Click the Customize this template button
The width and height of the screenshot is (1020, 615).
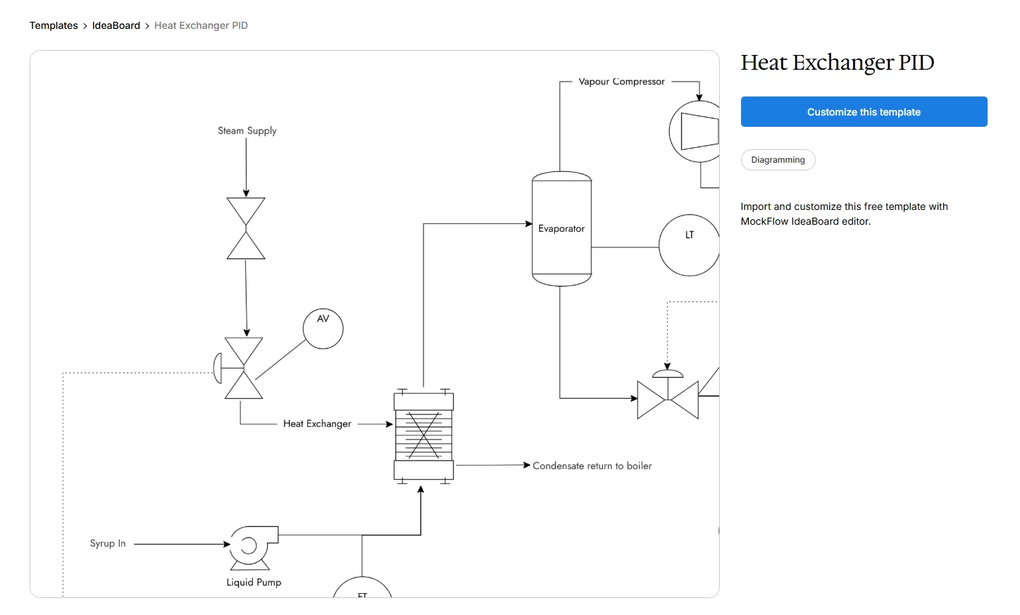point(864,112)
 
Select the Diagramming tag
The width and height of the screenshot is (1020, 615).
point(778,160)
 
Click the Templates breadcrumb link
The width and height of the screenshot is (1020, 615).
point(54,25)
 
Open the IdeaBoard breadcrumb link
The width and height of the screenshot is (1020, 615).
point(116,25)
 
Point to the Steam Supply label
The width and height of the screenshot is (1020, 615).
point(247,131)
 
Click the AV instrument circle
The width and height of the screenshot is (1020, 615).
point(323,329)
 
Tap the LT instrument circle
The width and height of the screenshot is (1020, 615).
point(689,244)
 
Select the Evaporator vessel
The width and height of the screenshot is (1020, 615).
point(561,229)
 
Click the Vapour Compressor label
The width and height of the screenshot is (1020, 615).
point(621,82)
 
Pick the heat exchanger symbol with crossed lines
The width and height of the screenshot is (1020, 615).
point(423,435)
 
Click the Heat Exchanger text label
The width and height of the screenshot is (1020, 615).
point(317,423)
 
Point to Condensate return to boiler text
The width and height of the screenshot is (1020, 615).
point(592,466)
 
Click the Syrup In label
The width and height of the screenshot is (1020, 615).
point(108,543)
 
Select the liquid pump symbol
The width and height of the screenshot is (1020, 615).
point(251,547)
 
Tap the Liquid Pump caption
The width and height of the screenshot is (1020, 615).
point(254,583)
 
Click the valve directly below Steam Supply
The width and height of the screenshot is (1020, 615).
point(246,228)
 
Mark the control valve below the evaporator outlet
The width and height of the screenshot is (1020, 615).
point(667,398)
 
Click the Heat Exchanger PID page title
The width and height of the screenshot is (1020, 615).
point(837,63)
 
